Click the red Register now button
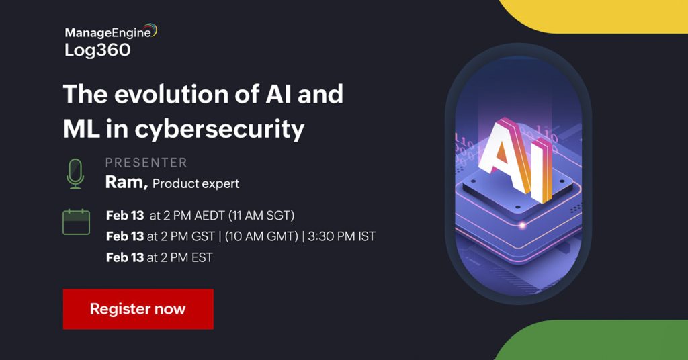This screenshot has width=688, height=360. tap(138, 309)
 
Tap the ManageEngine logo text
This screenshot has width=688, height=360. tap(107, 32)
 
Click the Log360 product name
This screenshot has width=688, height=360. tap(97, 50)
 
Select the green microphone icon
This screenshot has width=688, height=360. tap(75, 174)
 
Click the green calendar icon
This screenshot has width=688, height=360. tap(76, 222)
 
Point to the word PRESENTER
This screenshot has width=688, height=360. tap(146, 163)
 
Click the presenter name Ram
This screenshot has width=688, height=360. tap(126, 182)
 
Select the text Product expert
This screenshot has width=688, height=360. tap(196, 183)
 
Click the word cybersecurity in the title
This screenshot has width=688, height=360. tap(219, 129)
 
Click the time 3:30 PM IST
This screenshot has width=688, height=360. tap(342, 236)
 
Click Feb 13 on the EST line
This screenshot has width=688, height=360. tap(125, 257)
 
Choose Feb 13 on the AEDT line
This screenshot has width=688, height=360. tap(125, 216)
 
